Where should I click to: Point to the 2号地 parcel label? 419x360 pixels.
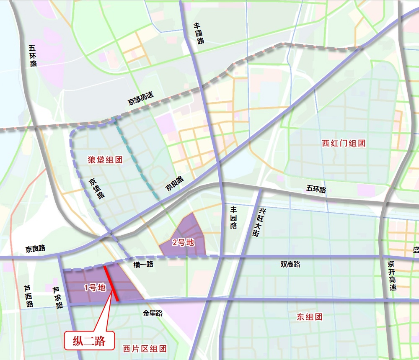[184, 242]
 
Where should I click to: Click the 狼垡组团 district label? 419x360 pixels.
[105, 159]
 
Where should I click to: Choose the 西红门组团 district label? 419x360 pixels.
[344, 143]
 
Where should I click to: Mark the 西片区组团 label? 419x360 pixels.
[145, 348]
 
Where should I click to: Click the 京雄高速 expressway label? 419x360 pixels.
[141, 98]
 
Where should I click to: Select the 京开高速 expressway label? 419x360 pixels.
[391, 276]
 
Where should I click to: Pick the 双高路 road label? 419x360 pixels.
[290, 264]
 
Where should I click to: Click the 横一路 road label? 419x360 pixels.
[143, 264]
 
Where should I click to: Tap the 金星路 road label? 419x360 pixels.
[153, 313]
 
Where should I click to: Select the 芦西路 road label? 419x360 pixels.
[28, 296]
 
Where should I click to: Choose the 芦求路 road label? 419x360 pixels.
[57, 297]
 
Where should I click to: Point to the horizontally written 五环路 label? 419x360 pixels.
[316, 189]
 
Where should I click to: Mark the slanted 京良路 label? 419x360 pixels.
[174, 183]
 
